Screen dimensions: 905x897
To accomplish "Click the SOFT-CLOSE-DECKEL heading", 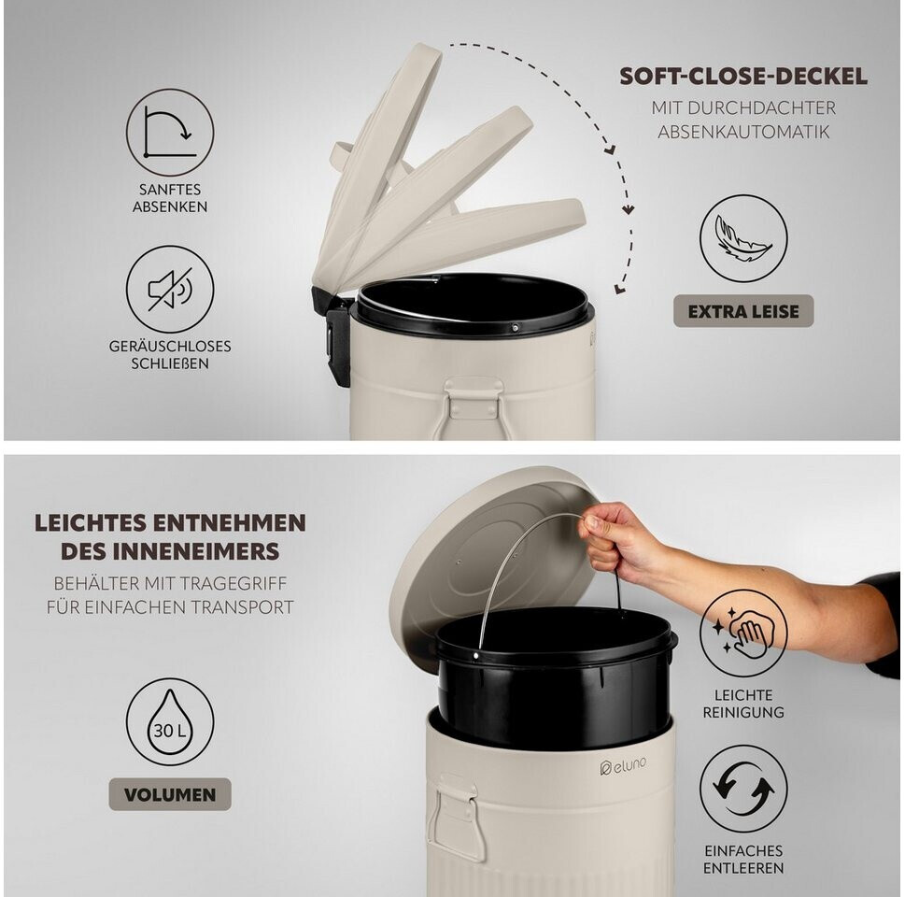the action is point(743,77).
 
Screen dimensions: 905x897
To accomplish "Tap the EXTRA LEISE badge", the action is point(743,311).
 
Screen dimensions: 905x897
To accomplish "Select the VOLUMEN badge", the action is point(170,794).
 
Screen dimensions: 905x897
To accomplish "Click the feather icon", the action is point(743,238).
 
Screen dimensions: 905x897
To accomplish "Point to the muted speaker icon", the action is point(170,289).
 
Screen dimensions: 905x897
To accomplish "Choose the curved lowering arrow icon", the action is point(170,133).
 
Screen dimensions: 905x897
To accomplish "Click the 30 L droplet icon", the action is point(170,721).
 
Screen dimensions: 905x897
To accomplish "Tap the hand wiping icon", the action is point(743,634).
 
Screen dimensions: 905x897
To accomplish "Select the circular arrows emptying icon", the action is point(743,789).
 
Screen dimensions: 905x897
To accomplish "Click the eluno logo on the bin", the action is point(623,766).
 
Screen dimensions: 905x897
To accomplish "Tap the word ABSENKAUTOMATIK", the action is point(743,132).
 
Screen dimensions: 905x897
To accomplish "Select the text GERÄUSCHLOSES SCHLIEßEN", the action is point(170,355).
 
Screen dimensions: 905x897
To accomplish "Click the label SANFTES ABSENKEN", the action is point(170,197).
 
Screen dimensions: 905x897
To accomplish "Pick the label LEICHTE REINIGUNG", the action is point(743,704).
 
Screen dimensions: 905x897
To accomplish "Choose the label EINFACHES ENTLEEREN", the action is point(743,859).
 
